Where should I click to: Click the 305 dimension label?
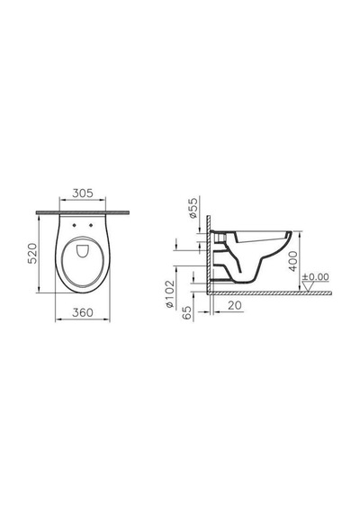[x=83, y=193]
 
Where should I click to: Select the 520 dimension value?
[x=32, y=253]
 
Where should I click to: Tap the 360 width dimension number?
[x=83, y=313]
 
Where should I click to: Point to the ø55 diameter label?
[x=193, y=208]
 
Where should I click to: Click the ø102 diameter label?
[x=170, y=293]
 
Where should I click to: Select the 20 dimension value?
[x=235, y=306]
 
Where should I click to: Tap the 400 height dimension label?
[x=293, y=261]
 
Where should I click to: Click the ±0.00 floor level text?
[x=315, y=277]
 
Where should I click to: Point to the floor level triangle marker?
[x=308, y=286]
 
